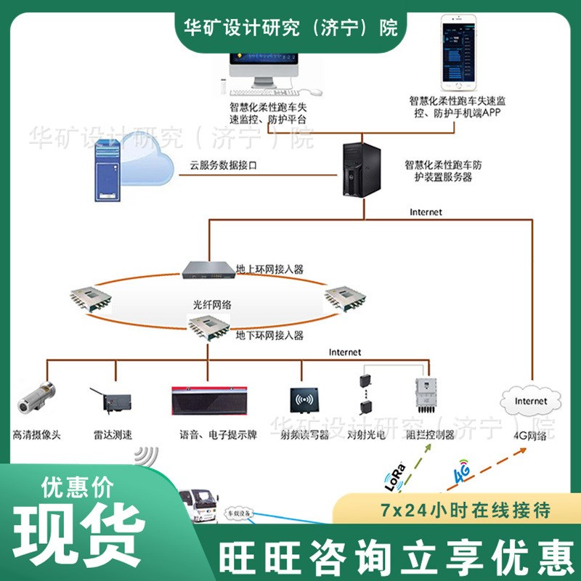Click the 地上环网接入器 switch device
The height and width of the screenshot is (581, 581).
click(208, 269)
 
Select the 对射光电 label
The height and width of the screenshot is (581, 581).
click(365, 435)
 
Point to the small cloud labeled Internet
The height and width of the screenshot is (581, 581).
click(531, 401)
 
